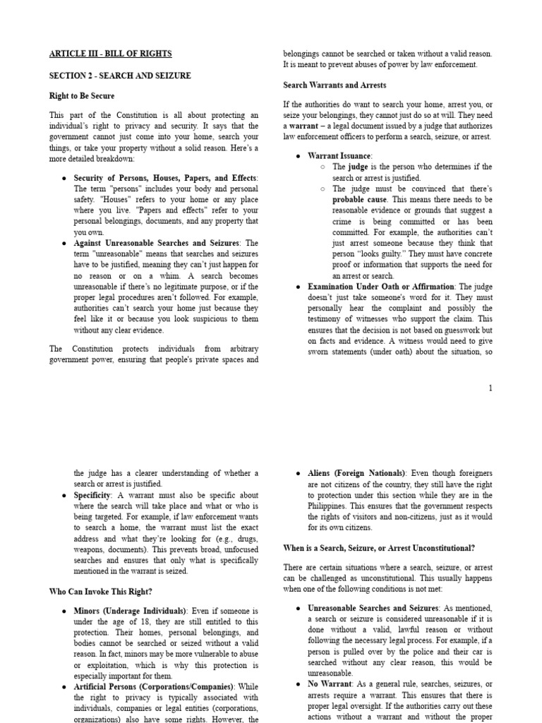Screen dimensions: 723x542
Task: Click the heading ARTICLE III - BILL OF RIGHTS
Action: pos(110,54)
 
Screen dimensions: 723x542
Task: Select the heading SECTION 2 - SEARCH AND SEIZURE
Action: pos(120,76)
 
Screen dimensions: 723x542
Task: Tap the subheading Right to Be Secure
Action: pos(82,96)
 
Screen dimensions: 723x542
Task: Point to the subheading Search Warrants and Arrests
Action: pos(335,85)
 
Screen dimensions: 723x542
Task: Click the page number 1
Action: pos(490,388)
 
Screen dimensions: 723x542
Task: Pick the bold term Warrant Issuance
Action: pos(339,156)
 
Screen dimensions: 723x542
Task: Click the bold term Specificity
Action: pos(92,495)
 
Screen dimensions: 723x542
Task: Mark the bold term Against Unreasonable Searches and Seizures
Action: pos(156,243)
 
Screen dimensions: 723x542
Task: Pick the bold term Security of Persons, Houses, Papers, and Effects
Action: pos(165,178)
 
